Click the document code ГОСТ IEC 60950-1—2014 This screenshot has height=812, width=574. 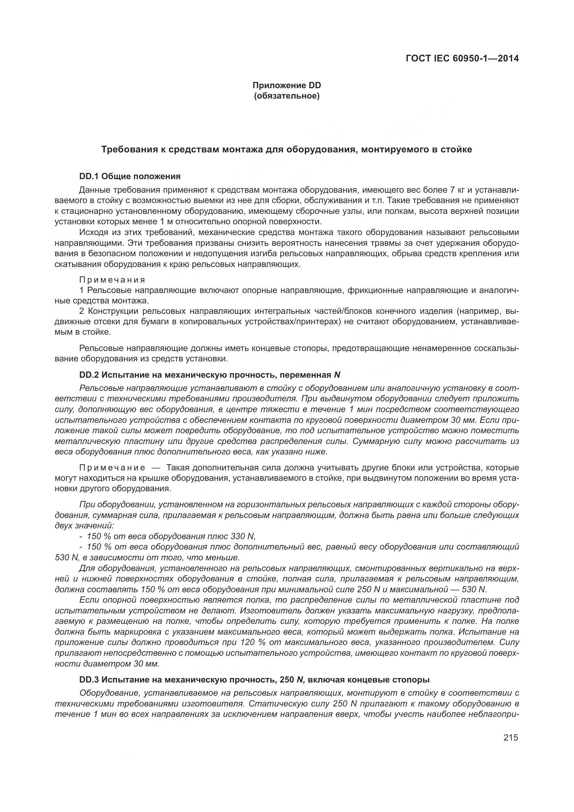pos(462,58)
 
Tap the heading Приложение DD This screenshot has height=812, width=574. pos(287,85)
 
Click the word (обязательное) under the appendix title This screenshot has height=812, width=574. pos(287,96)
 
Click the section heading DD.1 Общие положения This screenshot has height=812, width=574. pos(130,176)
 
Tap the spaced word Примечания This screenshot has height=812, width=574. pos(112,280)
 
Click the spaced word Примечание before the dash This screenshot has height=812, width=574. pos(112,468)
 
